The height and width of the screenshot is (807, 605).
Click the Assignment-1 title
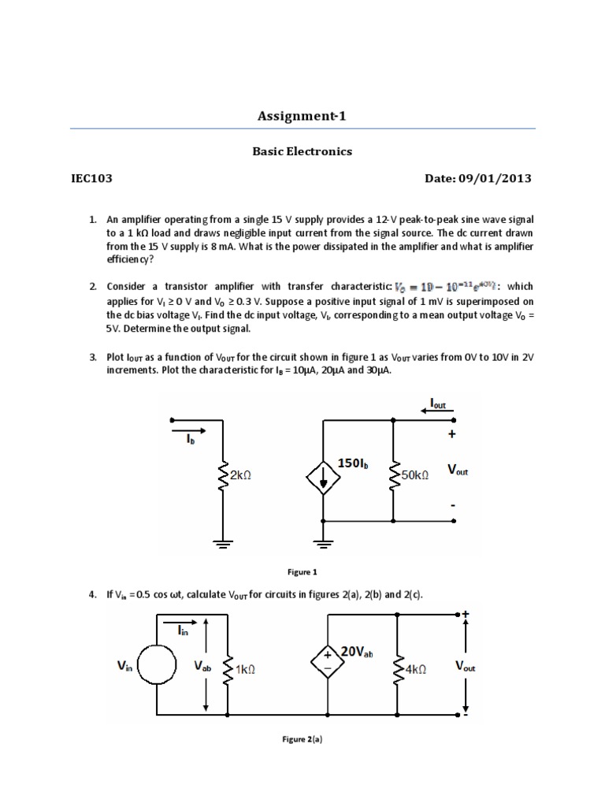[302, 117]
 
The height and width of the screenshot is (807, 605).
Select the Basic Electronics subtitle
[302, 151]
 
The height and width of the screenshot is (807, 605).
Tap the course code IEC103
[91, 178]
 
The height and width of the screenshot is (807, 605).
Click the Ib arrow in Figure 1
[190, 431]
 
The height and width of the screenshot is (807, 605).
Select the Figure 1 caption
[302, 572]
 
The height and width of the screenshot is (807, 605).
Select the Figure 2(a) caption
[302, 740]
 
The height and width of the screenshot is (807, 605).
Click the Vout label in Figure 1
[458, 470]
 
